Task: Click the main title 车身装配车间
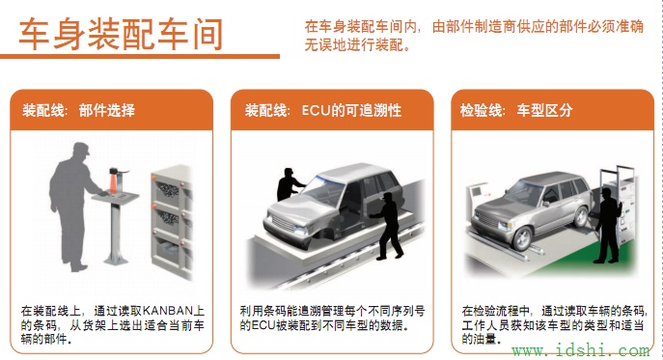click(121, 34)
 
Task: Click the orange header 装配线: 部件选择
click(79, 110)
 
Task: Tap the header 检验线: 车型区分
click(517, 110)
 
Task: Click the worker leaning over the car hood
click(290, 185)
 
